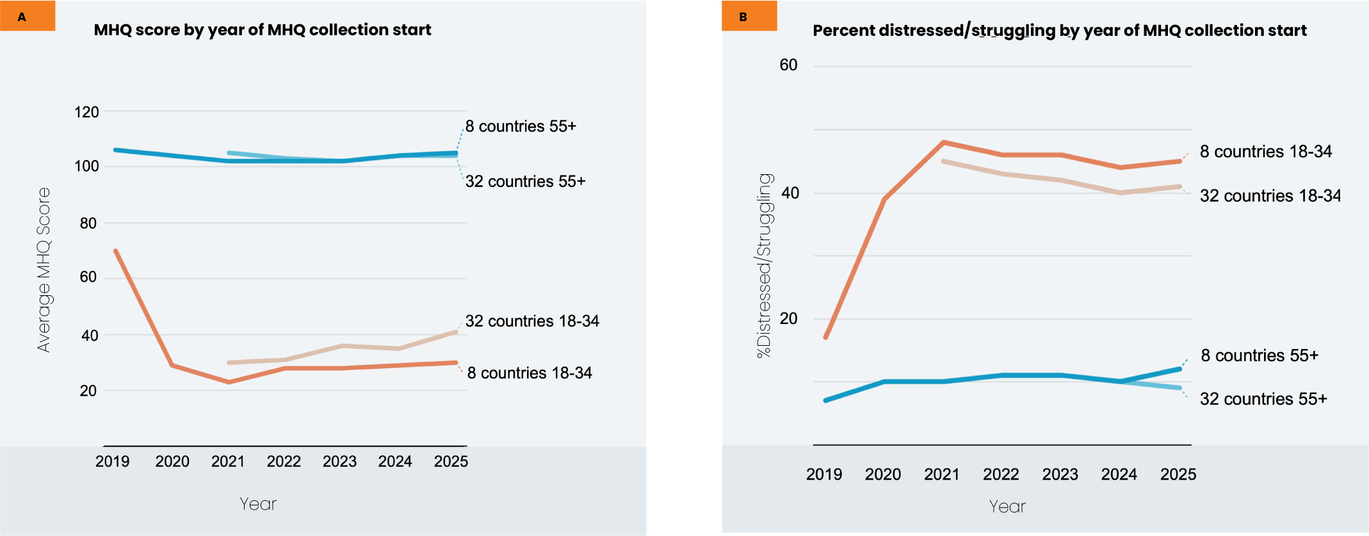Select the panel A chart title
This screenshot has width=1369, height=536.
click(x=263, y=30)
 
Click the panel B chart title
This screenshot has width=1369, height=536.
click(x=1060, y=31)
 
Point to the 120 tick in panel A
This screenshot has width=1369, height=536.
click(x=86, y=113)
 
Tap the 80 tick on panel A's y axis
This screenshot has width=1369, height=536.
click(x=88, y=223)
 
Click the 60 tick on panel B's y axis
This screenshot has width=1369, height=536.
click(x=788, y=65)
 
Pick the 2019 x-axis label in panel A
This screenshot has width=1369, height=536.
click(x=112, y=462)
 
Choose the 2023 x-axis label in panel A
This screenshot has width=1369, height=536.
click(x=339, y=462)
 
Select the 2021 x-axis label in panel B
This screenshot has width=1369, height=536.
click(x=941, y=475)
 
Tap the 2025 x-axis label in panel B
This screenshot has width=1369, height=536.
click(x=1178, y=475)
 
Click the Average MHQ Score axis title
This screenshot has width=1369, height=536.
click(x=44, y=270)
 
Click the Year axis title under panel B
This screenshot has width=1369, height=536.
click(x=1007, y=507)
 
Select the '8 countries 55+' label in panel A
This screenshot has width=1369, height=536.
click(x=521, y=127)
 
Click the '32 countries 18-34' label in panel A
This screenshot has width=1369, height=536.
click(x=532, y=321)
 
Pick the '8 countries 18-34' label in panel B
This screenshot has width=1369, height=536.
click(x=1266, y=152)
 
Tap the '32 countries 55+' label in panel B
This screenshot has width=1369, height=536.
click(x=1263, y=400)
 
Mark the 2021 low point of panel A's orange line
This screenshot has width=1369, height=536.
click(x=229, y=382)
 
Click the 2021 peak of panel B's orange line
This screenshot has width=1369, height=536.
click(x=944, y=142)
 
